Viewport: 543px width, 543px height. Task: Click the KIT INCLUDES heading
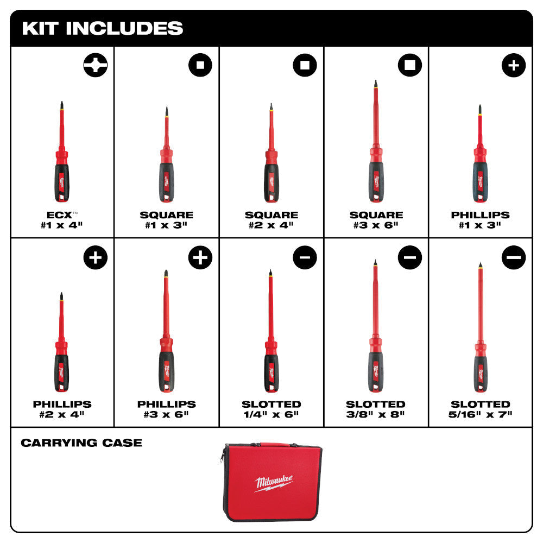[103, 28]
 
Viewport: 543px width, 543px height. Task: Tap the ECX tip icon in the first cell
[95, 66]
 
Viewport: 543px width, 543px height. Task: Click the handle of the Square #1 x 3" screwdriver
[166, 181]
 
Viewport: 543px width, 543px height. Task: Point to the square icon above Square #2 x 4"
[305, 66]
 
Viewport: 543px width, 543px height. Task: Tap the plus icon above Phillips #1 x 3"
[513, 66]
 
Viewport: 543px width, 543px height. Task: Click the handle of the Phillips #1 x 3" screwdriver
[480, 181]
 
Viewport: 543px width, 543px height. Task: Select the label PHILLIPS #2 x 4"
[62, 409]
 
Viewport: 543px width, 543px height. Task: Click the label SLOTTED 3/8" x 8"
[376, 409]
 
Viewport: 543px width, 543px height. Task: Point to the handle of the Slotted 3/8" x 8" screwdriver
[375, 372]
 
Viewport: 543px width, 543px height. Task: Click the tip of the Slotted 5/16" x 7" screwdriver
[480, 265]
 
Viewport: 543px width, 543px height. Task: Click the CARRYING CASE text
[81, 443]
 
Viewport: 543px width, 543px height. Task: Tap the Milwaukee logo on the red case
[274, 482]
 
